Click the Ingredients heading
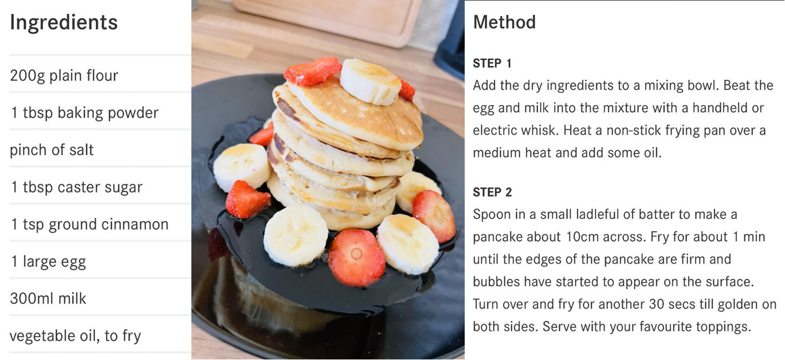(64, 23)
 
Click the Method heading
(504, 22)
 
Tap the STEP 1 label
(492, 64)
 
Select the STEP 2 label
(492, 192)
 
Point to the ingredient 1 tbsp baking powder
(84, 113)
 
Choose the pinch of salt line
(52, 150)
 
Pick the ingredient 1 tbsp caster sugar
(76, 187)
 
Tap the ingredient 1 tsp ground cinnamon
(89, 225)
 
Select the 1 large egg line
(48, 262)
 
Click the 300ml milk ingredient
(48, 299)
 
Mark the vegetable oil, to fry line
(75, 336)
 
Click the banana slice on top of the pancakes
(371, 81)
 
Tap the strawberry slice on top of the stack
(313, 71)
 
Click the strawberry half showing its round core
(356, 257)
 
